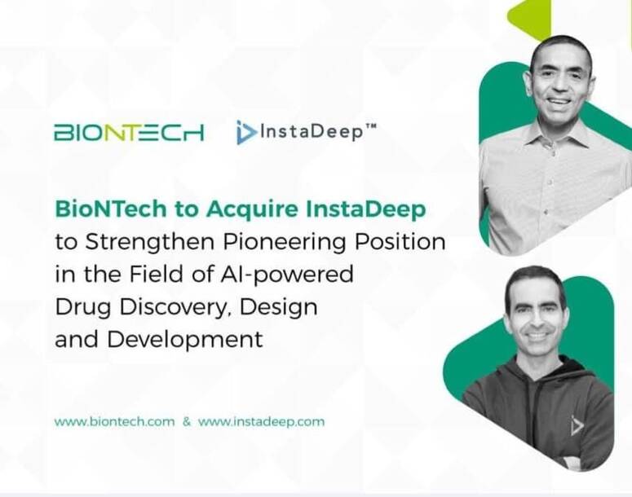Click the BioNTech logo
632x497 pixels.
(x=129, y=132)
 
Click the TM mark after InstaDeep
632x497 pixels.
(x=371, y=126)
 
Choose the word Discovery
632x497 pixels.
(x=175, y=307)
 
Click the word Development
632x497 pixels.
(x=184, y=340)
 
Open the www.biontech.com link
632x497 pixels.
(x=114, y=422)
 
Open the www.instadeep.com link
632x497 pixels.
(x=261, y=422)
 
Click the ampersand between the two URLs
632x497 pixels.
(x=187, y=422)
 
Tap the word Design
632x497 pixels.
(x=279, y=307)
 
